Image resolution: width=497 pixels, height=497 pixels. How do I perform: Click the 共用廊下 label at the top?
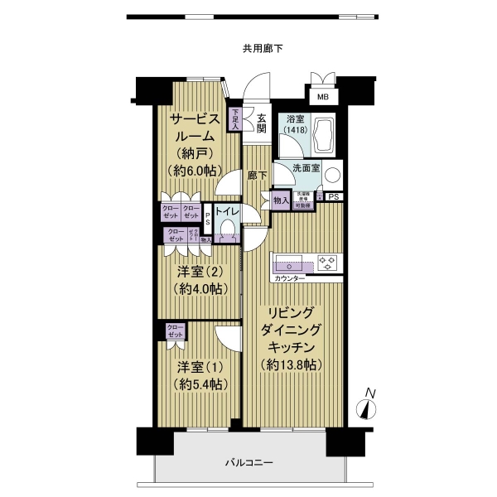(263, 49)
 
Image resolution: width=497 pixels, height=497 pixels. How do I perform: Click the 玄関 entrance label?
(260, 123)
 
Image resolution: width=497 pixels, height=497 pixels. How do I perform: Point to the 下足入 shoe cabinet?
(235, 120)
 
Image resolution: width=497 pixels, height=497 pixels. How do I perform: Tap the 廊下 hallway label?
(257, 176)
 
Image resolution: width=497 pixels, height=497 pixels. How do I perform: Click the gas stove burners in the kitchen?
(328, 263)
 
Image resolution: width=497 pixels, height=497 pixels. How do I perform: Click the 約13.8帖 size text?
(290, 364)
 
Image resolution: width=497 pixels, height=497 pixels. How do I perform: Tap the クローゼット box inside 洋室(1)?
(175, 331)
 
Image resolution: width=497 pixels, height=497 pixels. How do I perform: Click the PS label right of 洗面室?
(333, 197)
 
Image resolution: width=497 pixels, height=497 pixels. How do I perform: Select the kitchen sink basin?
(294, 266)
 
